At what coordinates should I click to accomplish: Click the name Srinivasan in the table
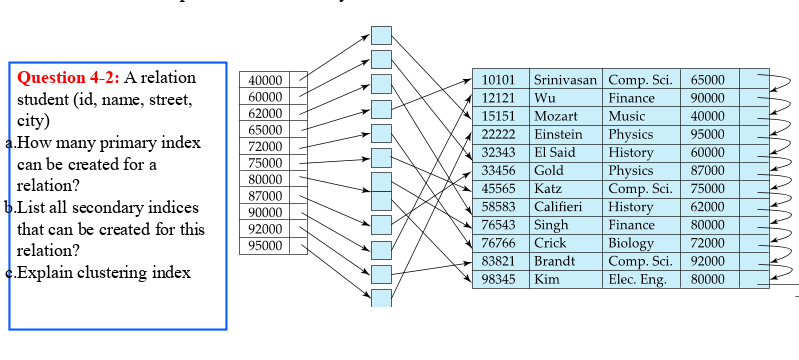(565, 80)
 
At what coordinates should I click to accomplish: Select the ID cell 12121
(498, 98)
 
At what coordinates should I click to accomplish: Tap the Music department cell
(627, 116)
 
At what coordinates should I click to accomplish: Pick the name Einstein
(558, 134)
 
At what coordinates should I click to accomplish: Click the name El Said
(555, 152)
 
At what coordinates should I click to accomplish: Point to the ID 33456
(498, 171)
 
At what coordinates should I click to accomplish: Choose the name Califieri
(559, 207)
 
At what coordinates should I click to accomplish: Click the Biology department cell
(631, 243)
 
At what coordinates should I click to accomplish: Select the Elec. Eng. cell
(637, 279)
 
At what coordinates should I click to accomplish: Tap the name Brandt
(554, 261)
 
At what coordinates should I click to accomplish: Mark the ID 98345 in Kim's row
(498, 279)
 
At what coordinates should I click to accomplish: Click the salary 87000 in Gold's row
(707, 171)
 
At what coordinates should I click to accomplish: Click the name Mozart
(556, 116)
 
